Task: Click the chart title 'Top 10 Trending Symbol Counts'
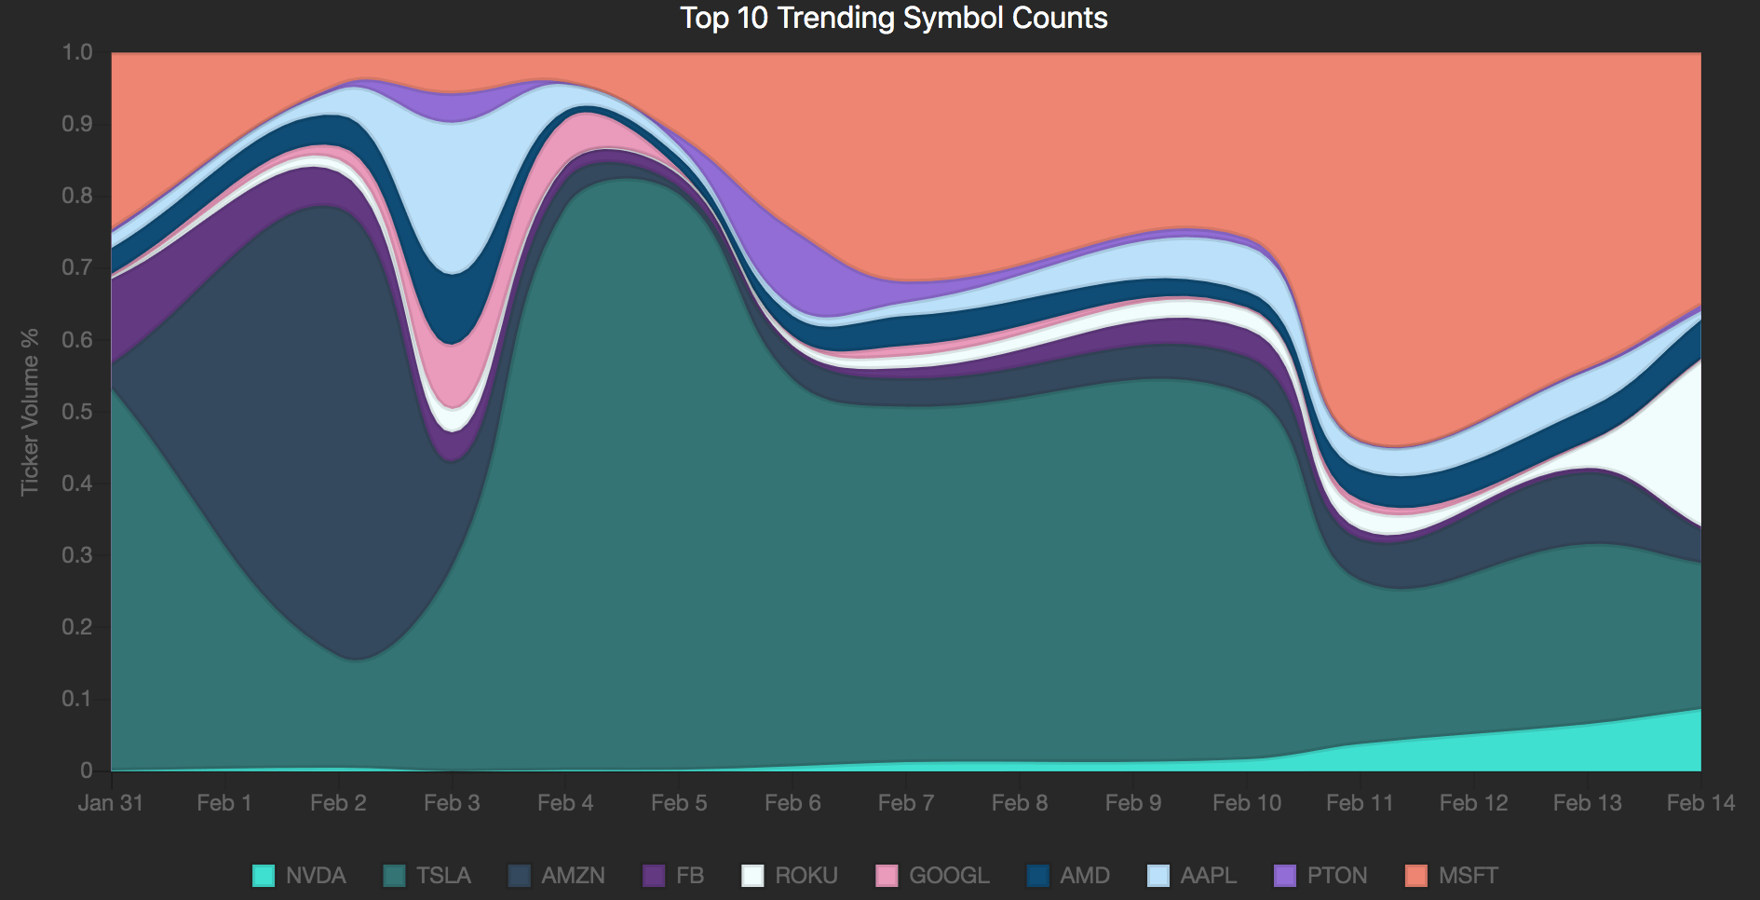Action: [893, 18]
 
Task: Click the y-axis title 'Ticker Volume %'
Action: [30, 411]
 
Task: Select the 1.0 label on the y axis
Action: [77, 52]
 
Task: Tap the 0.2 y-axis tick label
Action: [77, 626]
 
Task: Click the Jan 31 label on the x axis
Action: [111, 802]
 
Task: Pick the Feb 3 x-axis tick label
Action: [452, 802]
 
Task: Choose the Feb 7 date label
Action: [905, 802]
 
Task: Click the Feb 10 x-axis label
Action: [1246, 802]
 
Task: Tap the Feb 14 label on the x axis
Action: [1699, 802]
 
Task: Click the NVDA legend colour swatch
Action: [264, 876]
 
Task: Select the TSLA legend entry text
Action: [443, 876]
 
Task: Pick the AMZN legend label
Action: [573, 876]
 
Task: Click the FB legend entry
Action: [689, 876]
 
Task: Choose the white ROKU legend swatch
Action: [752, 876]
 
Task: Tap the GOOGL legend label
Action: [949, 876]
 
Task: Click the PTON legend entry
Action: [1336, 876]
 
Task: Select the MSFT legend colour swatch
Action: [1415, 876]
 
